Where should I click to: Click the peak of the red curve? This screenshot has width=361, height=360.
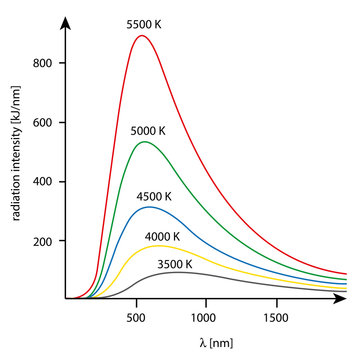coord(142,36)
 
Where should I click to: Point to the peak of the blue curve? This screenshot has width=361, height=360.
coord(150,207)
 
